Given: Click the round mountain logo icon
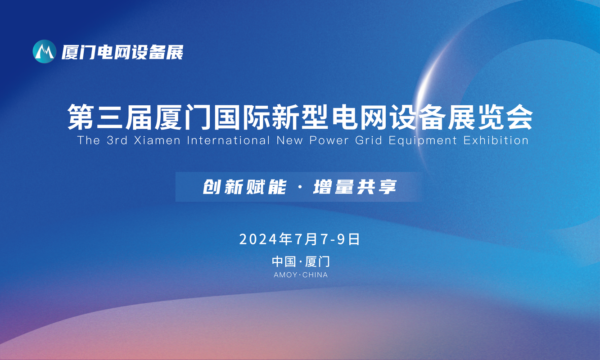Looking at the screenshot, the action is click(x=45, y=51).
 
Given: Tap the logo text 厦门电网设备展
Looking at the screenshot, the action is click(x=122, y=52).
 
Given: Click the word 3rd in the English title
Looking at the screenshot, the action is click(x=117, y=140).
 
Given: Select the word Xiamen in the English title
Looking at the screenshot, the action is click(x=157, y=140).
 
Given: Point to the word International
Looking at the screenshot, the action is click(x=229, y=140).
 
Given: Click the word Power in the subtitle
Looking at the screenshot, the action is click(x=329, y=140).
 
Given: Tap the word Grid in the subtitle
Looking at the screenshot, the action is click(x=368, y=140).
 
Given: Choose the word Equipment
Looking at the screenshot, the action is click(x=423, y=141).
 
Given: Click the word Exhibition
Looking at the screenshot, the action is click(x=496, y=140).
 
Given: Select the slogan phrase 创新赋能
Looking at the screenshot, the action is click(x=244, y=187).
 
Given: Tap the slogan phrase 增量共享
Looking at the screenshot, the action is click(x=355, y=187).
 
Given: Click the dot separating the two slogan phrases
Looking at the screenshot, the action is click(x=300, y=187).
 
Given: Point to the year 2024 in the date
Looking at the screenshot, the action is click(x=258, y=239).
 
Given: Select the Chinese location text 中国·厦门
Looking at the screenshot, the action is click(x=301, y=261).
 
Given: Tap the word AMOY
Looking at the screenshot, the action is click(x=285, y=275).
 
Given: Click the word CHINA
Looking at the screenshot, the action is click(x=315, y=275).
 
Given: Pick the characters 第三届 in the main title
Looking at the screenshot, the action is click(x=110, y=117).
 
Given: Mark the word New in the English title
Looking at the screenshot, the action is click(x=289, y=140).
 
